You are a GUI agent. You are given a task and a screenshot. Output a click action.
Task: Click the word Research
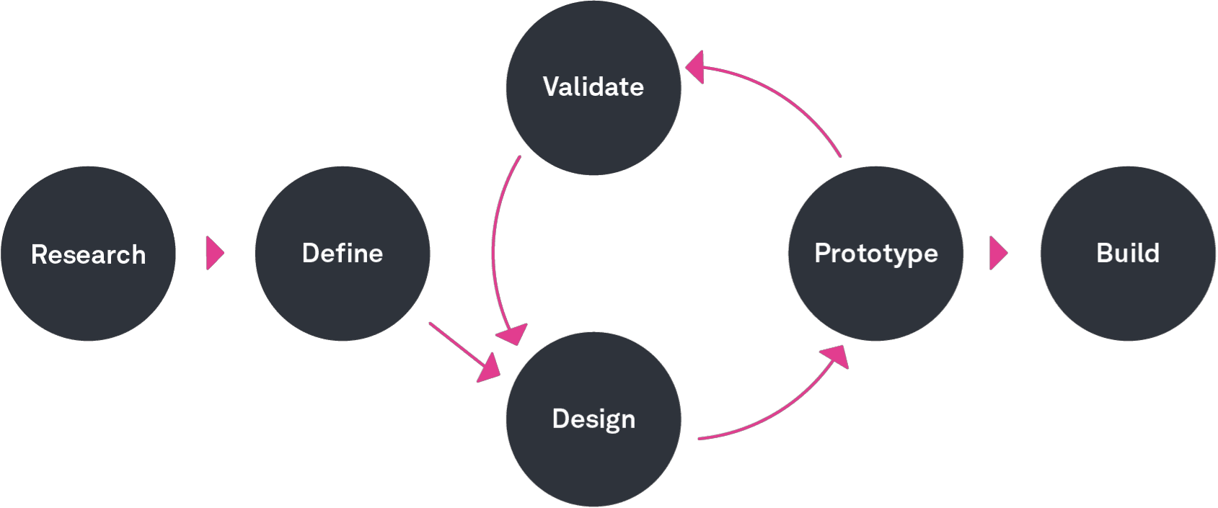point(88,254)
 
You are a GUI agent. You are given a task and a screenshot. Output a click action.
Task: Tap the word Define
point(342,253)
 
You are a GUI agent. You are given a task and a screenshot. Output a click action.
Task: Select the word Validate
point(593,86)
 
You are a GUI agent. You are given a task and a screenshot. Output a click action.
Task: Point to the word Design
point(593,419)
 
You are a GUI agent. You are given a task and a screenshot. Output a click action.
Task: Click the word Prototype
point(875,254)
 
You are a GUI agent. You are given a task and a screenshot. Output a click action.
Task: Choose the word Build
point(1128,253)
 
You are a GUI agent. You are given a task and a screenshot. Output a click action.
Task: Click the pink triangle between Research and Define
point(214,253)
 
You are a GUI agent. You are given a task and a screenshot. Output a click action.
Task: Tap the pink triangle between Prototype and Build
point(998,253)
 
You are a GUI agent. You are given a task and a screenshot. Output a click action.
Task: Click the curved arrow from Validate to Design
point(494,245)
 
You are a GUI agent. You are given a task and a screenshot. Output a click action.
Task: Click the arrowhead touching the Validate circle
point(695,68)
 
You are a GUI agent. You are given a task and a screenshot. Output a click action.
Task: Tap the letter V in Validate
point(552,86)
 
